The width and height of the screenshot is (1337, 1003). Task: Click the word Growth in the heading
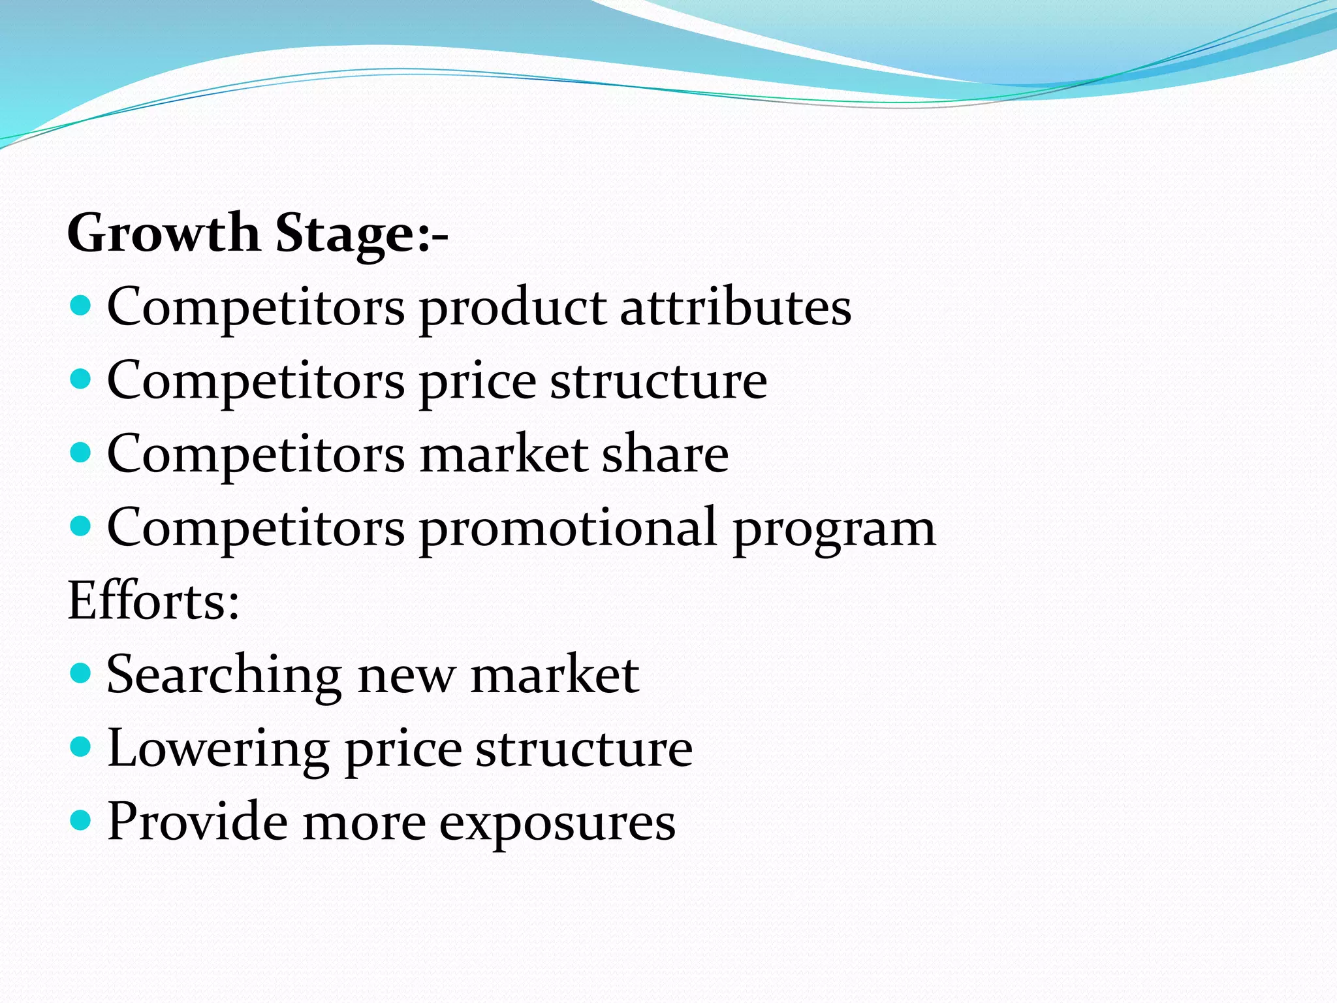(163, 233)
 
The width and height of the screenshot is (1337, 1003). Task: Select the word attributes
(735, 307)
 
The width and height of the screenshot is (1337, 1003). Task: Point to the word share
(665, 454)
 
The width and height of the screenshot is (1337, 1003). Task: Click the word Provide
(197, 821)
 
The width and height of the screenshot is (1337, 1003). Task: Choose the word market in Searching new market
(554, 675)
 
